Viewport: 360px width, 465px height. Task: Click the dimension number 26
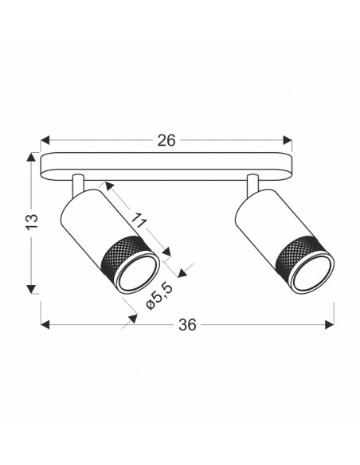[x=166, y=140]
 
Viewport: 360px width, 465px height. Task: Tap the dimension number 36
[x=187, y=325]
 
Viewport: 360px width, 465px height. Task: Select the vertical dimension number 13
[x=32, y=221]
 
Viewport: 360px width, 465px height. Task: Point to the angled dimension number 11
[x=139, y=221]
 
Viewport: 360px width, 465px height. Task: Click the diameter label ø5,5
[x=159, y=296]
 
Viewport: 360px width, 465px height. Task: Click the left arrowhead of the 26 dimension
[x=45, y=140]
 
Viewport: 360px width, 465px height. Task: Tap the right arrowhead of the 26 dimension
[x=288, y=140]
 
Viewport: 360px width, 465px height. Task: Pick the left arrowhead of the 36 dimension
[x=45, y=325]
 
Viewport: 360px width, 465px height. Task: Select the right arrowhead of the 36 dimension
[x=330, y=325]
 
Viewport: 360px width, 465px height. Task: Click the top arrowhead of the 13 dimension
[x=31, y=157]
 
